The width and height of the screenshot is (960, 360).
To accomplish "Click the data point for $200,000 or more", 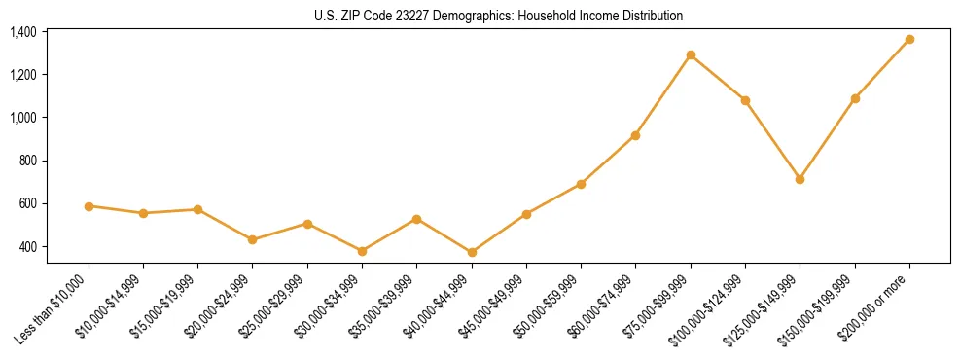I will tap(909, 40).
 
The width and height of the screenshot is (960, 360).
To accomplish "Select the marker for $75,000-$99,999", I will tap(691, 55).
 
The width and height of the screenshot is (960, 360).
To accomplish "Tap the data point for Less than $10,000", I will tap(89, 206).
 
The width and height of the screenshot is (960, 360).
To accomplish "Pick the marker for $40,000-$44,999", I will tap(472, 253).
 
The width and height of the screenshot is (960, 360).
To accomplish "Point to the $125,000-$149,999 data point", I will tap(800, 180).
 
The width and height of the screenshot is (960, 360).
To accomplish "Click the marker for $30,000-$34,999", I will tap(362, 251).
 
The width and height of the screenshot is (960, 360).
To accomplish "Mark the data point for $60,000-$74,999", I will tap(635, 135).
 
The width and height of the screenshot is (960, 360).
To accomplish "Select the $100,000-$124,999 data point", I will tap(745, 100).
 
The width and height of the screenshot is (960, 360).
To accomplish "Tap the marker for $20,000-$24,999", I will tap(253, 239).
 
